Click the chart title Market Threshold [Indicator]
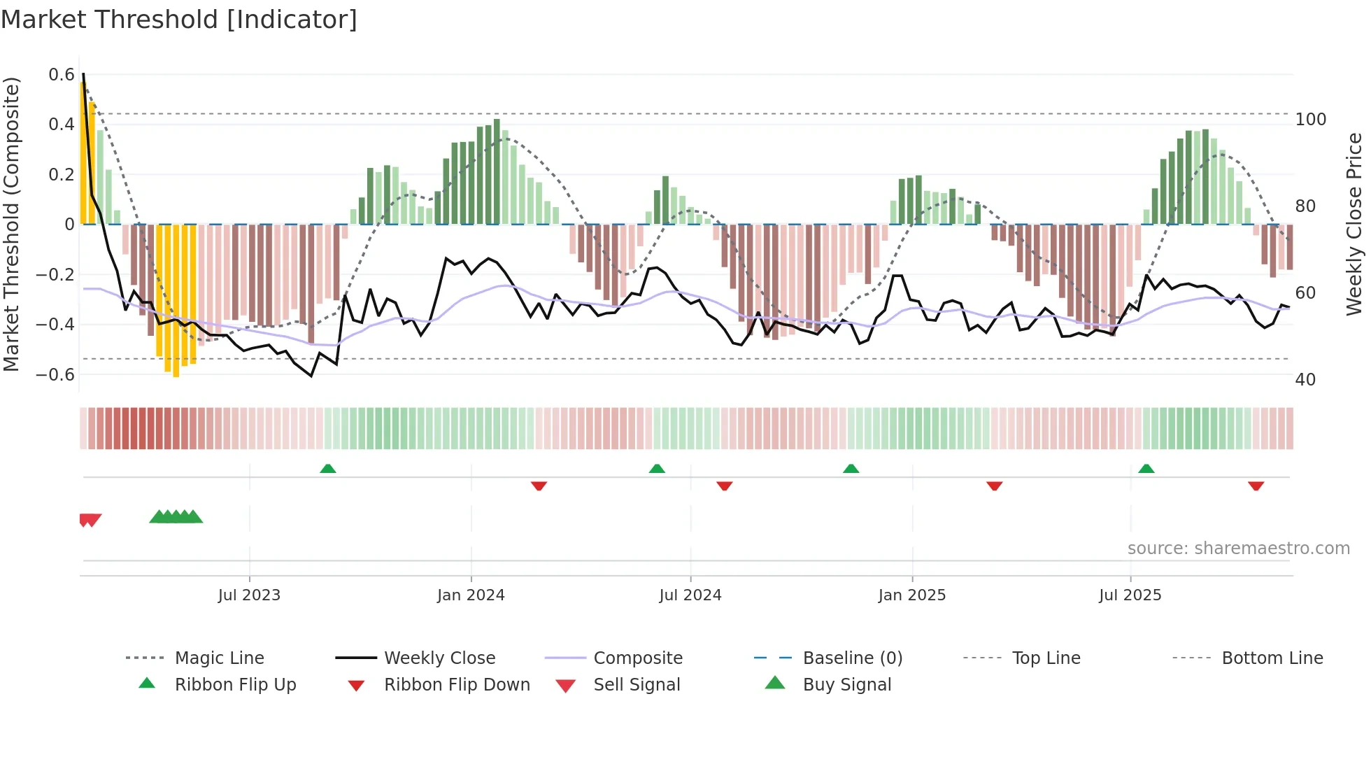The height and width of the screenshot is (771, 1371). (179, 20)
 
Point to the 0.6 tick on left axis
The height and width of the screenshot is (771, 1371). (62, 75)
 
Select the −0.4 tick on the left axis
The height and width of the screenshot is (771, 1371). (55, 325)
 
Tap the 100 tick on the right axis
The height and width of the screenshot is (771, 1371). (1310, 120)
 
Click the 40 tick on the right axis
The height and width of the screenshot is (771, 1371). (1305, 380)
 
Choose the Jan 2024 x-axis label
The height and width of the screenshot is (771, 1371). (471, 595)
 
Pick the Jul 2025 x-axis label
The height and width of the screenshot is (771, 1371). (1130, 595)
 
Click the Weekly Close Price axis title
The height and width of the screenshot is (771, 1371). (1354, 224)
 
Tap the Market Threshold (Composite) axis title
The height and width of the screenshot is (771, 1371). (11, 224)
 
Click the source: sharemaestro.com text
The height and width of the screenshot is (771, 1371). (1238, 549)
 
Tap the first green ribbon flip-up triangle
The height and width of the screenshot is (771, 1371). (328, 469)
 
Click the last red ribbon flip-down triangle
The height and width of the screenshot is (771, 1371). (1256, 486)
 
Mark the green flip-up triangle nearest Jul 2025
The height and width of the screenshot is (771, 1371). (1146, 469)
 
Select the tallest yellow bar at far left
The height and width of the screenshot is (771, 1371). (83, 154)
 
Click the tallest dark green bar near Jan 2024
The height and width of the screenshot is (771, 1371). (497, 171)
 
